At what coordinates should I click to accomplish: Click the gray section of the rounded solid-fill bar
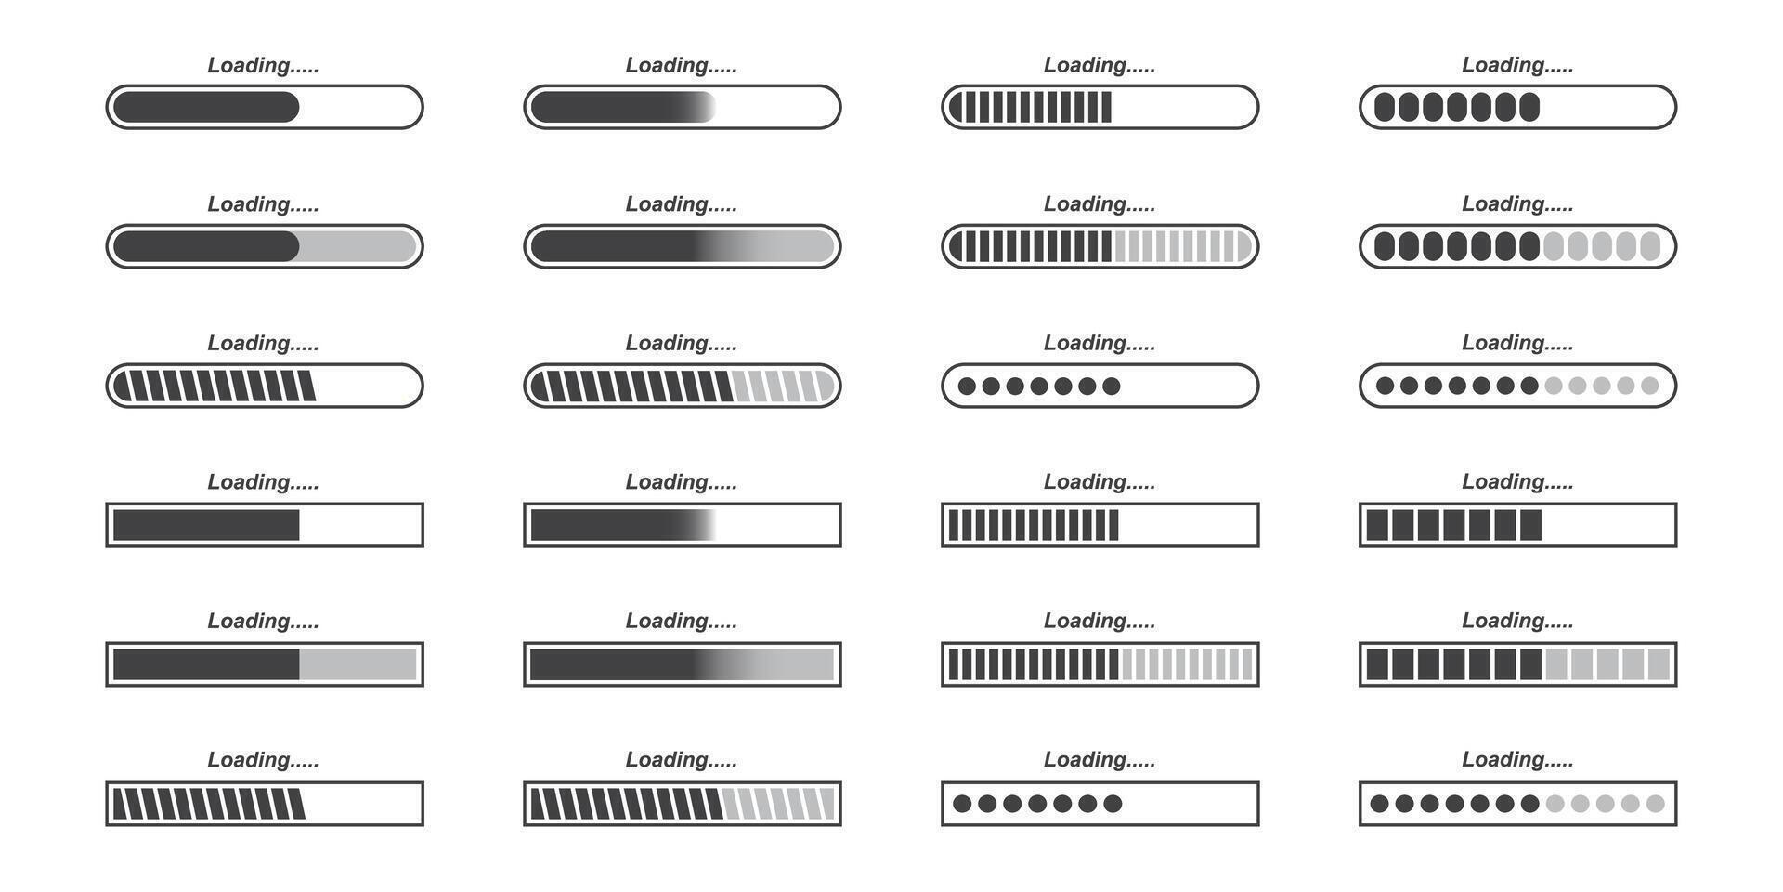click(x=358, y=246)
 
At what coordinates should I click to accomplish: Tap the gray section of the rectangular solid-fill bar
click(x=358, y=664)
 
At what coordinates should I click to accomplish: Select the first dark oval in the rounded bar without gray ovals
click(x=1385, y=107)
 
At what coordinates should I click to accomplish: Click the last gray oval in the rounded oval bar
click(x=1650, y=246)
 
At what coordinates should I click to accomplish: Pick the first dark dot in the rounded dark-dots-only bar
click(x=967, y=386)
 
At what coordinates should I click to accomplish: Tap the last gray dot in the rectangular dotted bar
click(x=1655, y=804)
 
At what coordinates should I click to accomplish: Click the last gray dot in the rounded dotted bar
click(x=1650, y=386)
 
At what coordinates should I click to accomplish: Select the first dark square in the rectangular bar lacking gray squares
click(x=1377, y=525)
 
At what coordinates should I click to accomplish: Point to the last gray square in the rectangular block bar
click(x=1659, y=664)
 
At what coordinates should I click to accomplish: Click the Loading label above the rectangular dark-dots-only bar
click(x=1100, y=760)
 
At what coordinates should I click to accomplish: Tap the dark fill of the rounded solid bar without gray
click(x=206, y=107)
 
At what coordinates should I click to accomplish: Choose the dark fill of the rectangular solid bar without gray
click(x=206, y=525)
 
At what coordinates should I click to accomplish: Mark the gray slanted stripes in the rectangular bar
click(x=778, y=804)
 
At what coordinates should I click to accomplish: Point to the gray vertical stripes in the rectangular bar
click(x=1187, y=664)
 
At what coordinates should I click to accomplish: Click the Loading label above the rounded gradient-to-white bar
click(x=681, y=65)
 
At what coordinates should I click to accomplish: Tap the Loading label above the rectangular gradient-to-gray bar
click(x=681, y=621)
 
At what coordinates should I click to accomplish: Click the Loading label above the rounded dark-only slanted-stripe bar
click(x=263, y=343)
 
